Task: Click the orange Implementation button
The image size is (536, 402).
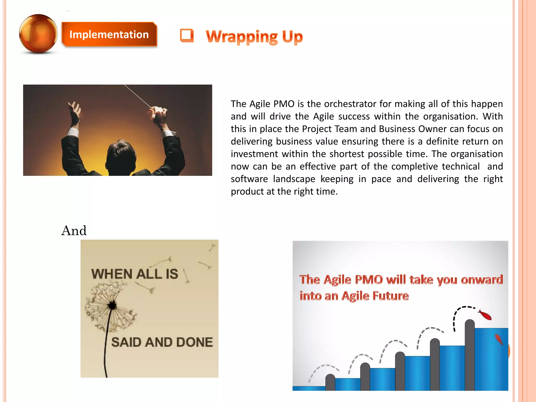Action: pyautogui.click(x=109, y=35)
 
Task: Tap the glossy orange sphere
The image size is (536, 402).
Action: pyautogui.click(x=38, y=33)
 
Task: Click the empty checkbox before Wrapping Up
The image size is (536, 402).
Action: pyautogui.click(x=187, y=35)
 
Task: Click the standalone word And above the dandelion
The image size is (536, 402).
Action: pyautogui.click(x=74, y=231)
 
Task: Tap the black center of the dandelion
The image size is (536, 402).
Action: pyautogui.click(x=112, y=305)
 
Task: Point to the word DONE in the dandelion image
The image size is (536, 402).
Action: pyautogui.click(x=194, y=342)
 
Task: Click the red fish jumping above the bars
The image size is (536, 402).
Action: pyautogui.click(x=485, y=315)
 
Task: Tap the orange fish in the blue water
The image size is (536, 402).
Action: pyautogui.click(x=499, y=339)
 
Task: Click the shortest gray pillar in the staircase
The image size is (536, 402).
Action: pyautogui.click(x=330, y=382)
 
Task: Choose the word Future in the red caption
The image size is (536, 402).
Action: pyautogui.click(x=390, y=296)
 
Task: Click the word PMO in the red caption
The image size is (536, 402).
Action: pyautogui.click(x=369, y=280)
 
